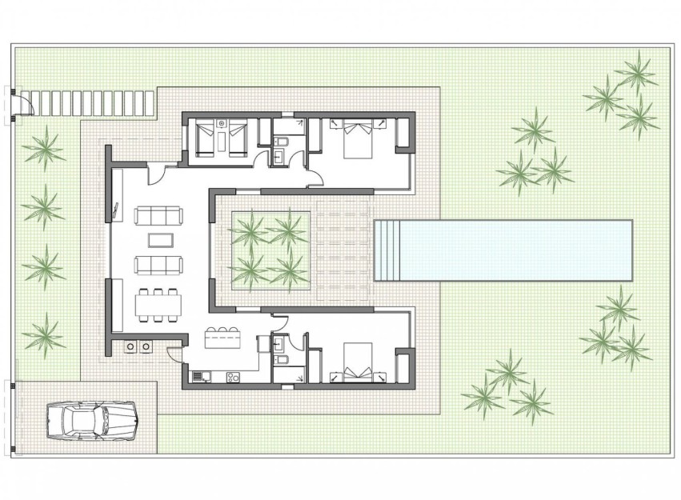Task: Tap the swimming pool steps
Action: [387, 250]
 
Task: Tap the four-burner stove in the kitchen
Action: [234, 376]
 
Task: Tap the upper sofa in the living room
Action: [158, 215]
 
